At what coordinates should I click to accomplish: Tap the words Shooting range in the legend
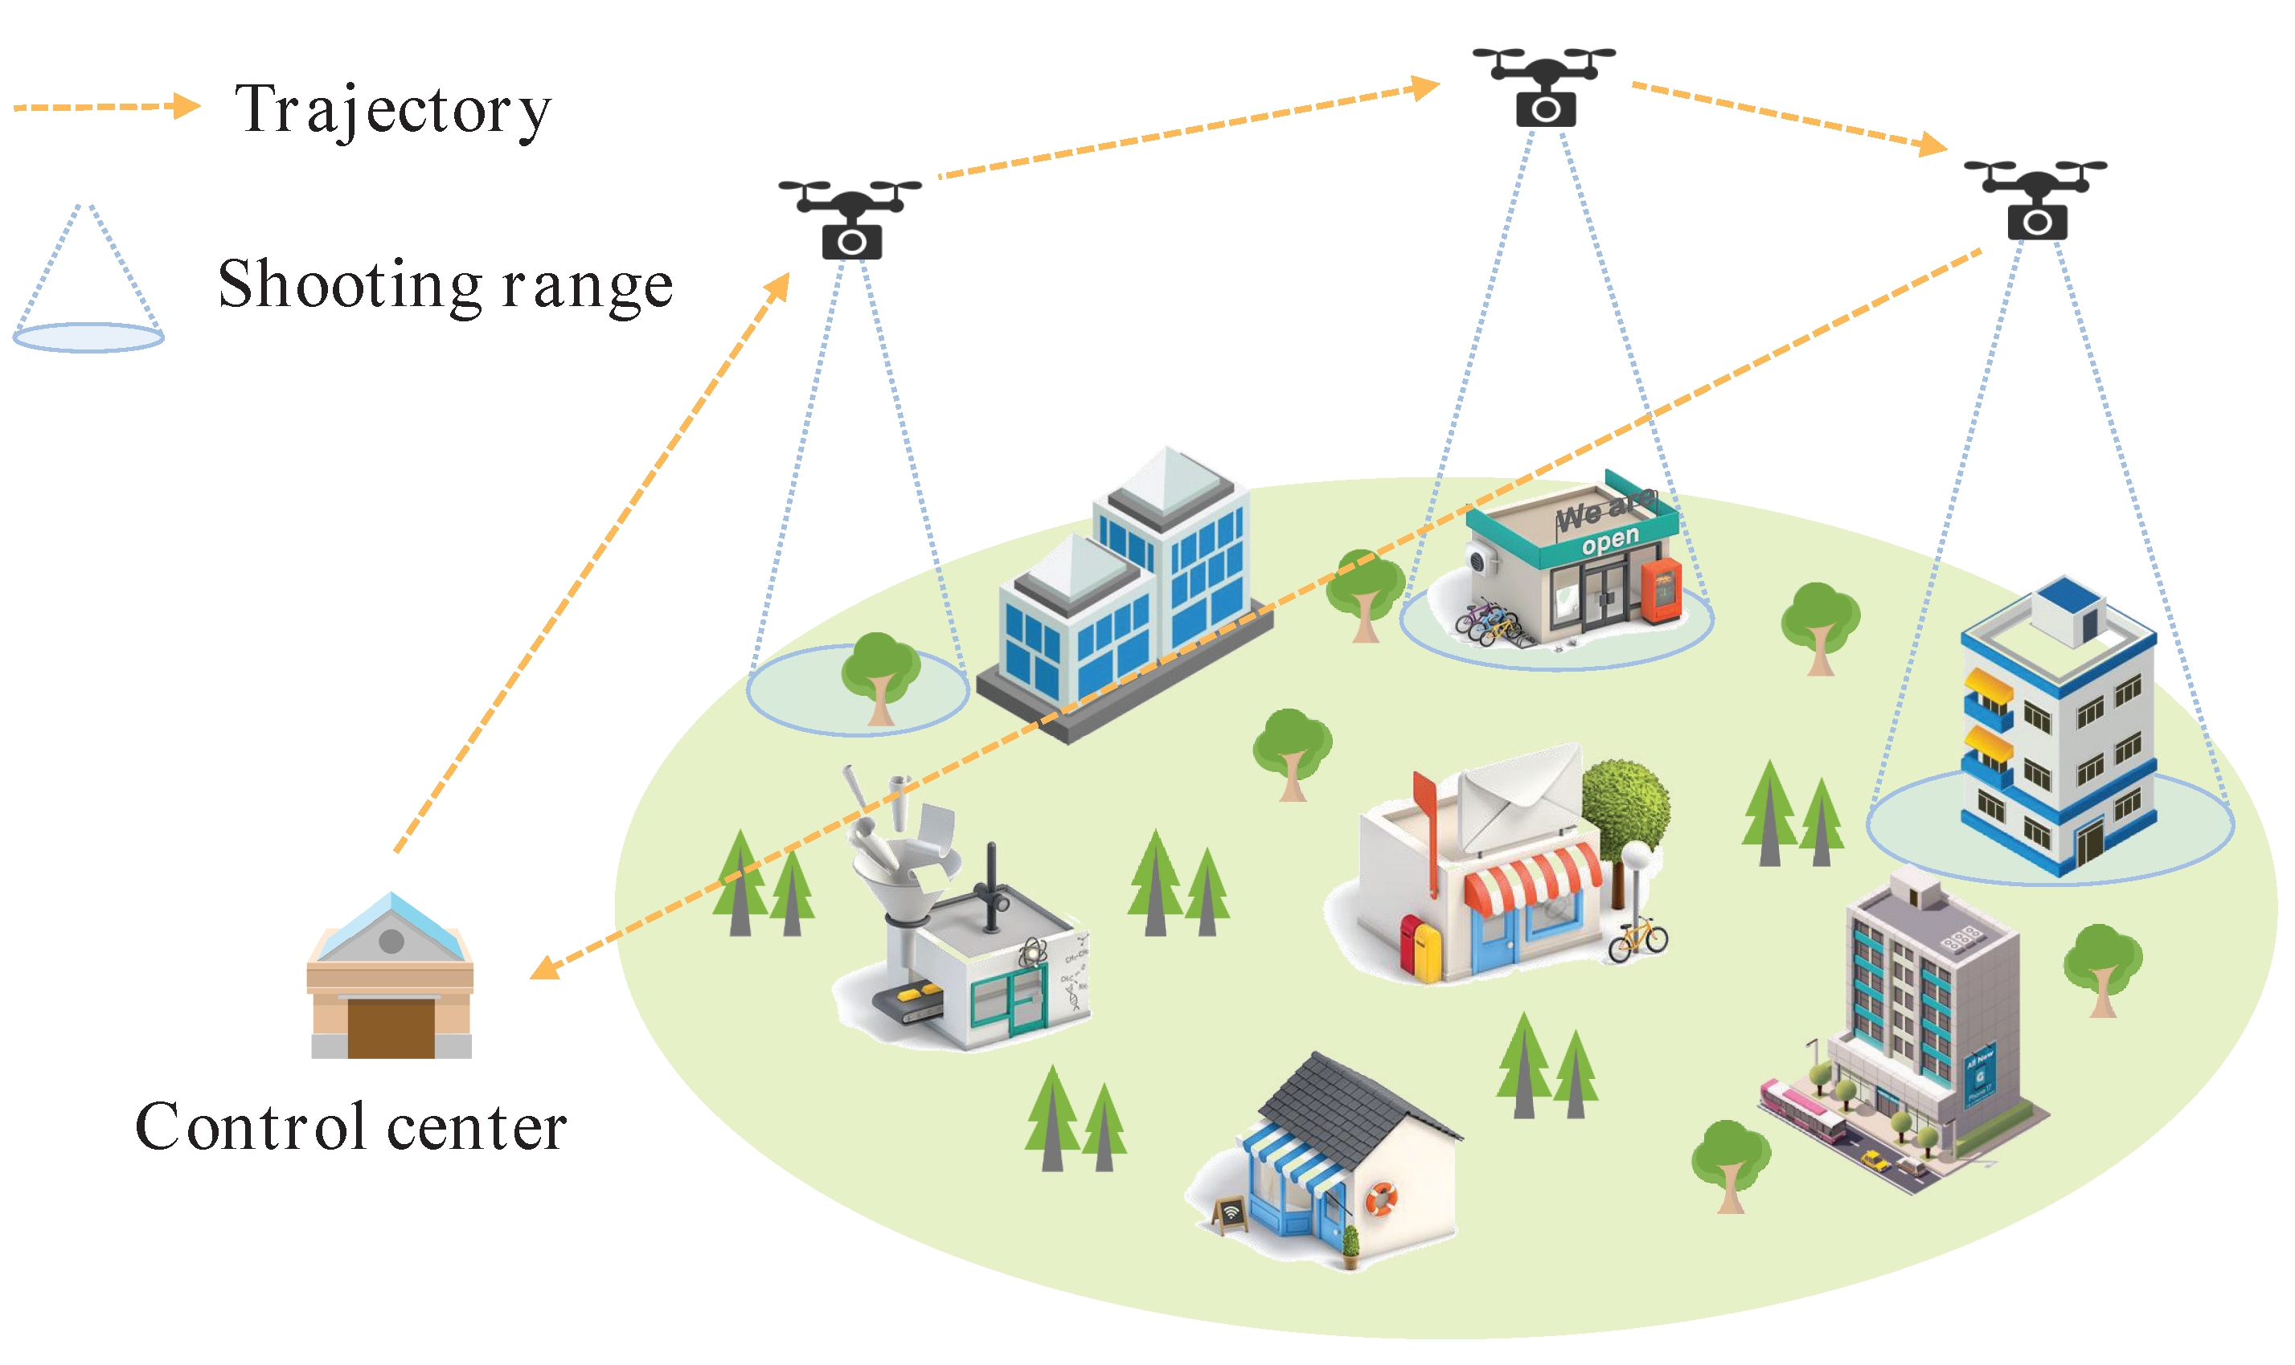[x=445, y=285]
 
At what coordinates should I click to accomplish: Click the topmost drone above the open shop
[x=1543, y=88]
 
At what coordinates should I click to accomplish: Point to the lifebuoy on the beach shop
[x=1379, y=1199]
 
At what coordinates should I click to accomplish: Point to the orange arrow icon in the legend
[x=106, y=107]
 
